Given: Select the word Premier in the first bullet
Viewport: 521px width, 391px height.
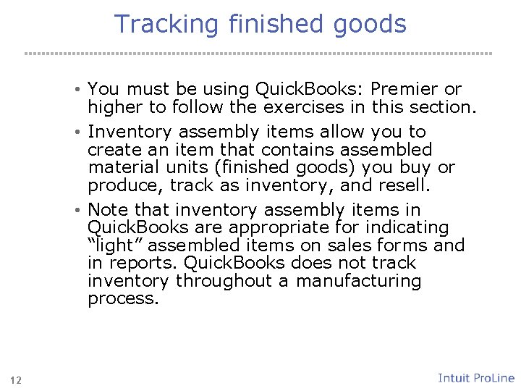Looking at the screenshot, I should [x=404, y=89].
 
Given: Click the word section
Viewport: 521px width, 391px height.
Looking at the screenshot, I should [x=437, y=107].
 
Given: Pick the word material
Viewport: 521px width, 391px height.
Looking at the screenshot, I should [x=121, y=167].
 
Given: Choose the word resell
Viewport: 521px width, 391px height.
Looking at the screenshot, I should [x=404, y=185].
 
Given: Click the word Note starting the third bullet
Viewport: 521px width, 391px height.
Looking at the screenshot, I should [x=109, y=211].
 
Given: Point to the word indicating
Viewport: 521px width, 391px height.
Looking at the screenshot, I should [x=405, y=228].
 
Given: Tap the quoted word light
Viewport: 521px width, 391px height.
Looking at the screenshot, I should [x=111, y=245].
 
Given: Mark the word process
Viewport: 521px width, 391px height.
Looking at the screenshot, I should [x=122, y=298].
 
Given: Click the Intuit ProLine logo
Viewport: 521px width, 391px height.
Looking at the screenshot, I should [x=475, y=378].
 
